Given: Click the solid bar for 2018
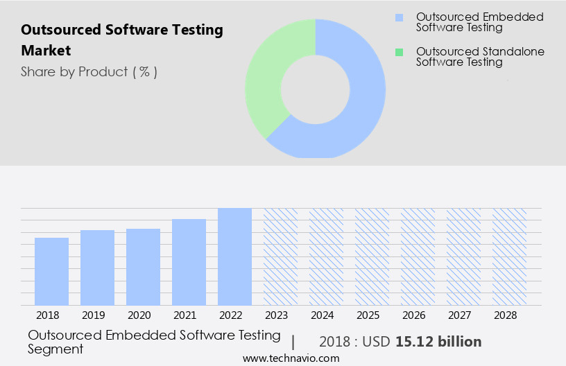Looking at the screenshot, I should point(51,271).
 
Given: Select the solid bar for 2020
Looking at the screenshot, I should point(143,267).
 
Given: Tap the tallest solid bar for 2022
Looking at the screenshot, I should point(234,256).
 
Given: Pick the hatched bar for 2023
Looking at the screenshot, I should point(280,256).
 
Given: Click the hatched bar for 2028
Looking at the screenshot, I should point(509,256).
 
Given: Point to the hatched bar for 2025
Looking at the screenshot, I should point(372,256).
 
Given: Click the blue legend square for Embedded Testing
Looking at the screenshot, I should point(399,17).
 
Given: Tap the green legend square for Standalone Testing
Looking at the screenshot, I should point(399,52).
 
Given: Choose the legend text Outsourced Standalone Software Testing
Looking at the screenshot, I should point(480,57).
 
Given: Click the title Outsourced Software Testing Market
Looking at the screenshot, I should point(122,40).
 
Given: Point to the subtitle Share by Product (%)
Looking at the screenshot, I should point(89,72).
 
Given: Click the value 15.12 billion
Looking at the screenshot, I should point(438,342).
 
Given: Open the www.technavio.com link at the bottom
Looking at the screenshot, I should point(291,358).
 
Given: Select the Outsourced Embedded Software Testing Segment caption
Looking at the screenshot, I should point(154,342).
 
